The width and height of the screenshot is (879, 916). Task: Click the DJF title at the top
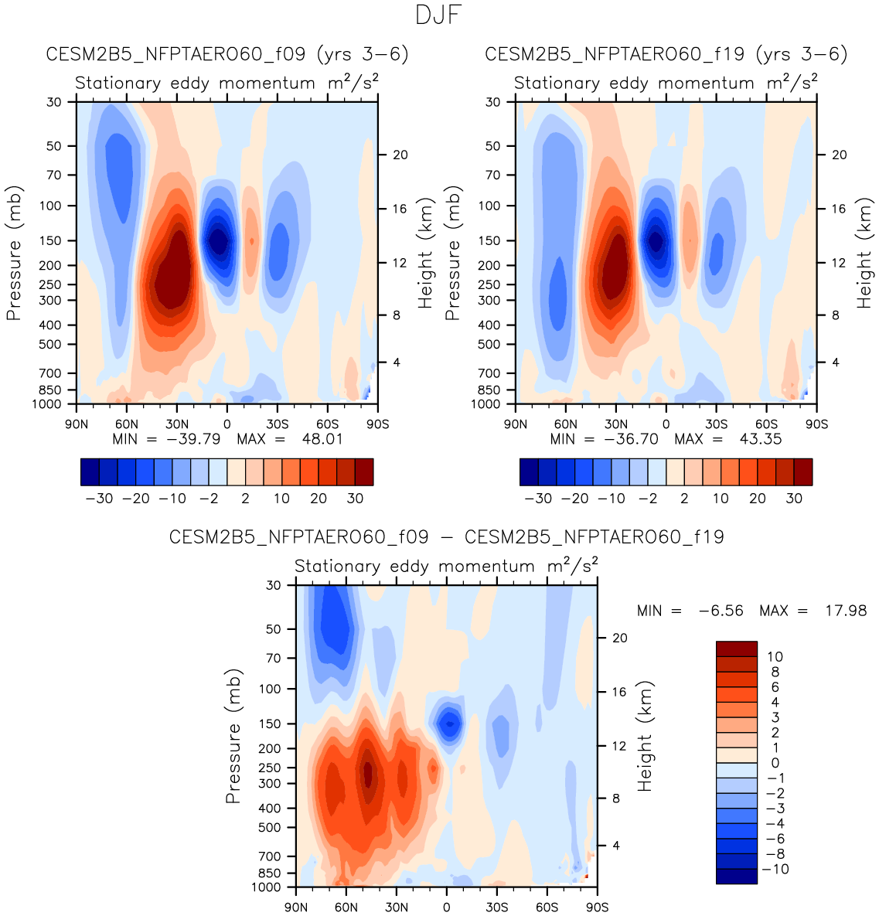(x=438, y=15)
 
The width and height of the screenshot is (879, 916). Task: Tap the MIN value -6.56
(x=721, y=611)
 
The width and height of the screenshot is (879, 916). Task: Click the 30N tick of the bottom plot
(x=397, y=907)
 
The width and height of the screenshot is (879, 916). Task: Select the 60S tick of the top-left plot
(x=327, y=424)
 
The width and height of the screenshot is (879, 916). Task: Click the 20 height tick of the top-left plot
(x=400, y=155)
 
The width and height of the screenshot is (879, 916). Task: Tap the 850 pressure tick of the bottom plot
(x=271, y=873)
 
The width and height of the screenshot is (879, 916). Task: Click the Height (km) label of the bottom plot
(x=645, y=736)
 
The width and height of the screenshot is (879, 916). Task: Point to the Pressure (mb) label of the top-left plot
(x=14, y=253)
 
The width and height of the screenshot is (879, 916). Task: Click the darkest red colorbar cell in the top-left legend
(x=364, y=472)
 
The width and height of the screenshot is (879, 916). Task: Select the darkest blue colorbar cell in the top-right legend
(x=529, y=472)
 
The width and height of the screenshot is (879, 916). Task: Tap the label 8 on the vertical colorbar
(x=775, y=672)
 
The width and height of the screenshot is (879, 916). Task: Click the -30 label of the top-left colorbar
(x=99, y=499)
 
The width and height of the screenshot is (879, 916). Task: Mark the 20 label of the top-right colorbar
(x=757, y=499)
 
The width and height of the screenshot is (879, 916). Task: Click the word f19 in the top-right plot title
(x=731, y=54)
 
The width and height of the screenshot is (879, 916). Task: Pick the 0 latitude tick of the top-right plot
(x=666, y=424)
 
